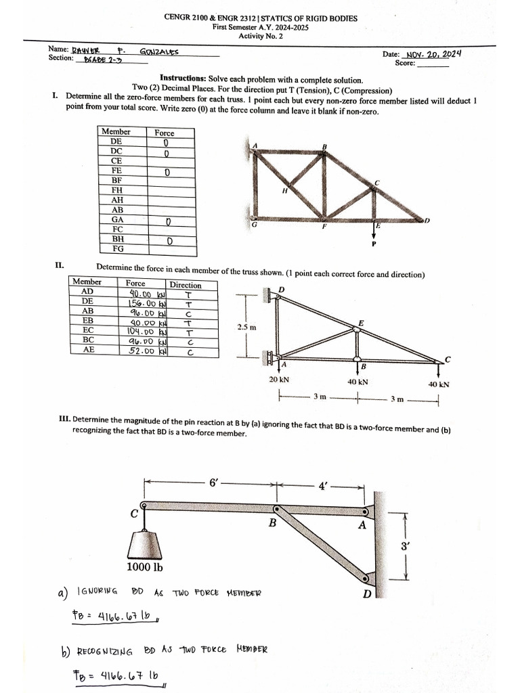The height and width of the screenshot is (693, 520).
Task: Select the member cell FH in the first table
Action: [x=116, y=191]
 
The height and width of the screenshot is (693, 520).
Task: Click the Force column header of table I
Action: [x=164, y=133]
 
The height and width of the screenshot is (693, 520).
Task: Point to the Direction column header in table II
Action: [x=185, y=285]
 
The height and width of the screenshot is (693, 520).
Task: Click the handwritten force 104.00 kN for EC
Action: [x=146, y=332]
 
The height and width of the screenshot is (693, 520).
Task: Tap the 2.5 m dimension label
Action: [x=246, y=328]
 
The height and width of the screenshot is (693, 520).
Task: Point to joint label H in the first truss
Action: [x=285, y=192]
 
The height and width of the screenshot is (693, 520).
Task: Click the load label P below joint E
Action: [x=373, y=244]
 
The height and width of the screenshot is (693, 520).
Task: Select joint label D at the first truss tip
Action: [x=427, y=221]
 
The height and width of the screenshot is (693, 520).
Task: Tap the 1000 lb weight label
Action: [x=144, y=567]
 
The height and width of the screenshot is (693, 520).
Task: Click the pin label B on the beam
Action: [x=272, y=523]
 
